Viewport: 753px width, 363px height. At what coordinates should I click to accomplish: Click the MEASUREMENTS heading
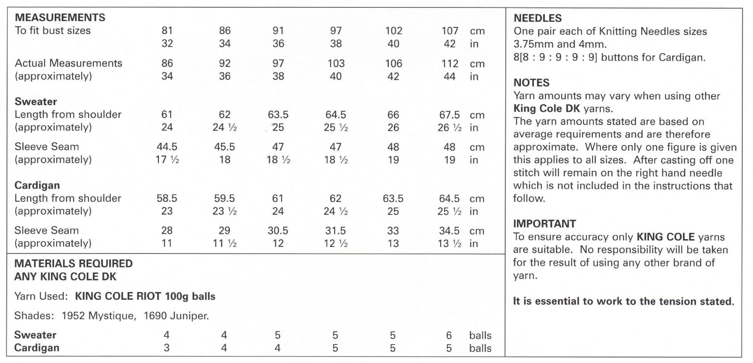(x=60, y=17)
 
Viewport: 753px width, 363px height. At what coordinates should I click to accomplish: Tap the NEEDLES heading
(x=537, y=18)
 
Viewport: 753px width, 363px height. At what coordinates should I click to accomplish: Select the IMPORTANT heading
(x=544, y=223)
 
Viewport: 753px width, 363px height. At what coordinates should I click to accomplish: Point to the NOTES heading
(x=531, y=83)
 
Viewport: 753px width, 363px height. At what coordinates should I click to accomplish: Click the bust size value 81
(x=167, y=30)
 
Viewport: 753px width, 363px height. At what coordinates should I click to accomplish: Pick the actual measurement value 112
(x=450, y=64)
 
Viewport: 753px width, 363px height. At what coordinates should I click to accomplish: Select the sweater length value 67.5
(x=449, y=115)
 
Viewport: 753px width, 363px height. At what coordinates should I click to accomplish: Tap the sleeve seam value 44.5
(x=167, y=147)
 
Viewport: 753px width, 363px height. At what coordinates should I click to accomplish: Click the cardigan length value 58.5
(x=167, y=198)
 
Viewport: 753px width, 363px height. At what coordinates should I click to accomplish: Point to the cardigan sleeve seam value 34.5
(x=449, y=230)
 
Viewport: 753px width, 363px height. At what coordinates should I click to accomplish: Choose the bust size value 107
(x=450, y=30)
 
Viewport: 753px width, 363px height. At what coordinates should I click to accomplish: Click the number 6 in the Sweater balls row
(x=449, y=335)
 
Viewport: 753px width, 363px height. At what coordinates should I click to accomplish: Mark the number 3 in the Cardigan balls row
(x=167, y=348)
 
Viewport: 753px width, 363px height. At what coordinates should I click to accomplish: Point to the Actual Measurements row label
(x=68, y=63)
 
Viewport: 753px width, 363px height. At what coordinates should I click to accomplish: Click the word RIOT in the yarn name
(x=149, y=296)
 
